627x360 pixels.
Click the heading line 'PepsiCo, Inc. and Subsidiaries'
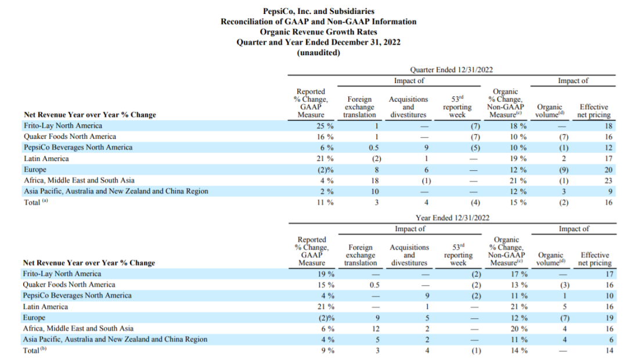(318, 11)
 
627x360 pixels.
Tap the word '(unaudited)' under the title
(318, 53)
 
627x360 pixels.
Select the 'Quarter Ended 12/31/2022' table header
(452, 70)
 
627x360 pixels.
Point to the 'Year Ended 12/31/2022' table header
(452, 218)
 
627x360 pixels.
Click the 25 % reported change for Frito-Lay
(325, 126)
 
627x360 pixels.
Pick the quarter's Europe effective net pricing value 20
(608, 170)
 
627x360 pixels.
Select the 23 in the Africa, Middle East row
(608, 181)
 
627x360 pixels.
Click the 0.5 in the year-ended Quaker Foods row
(374, 285)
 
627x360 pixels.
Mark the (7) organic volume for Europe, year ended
(564, 318)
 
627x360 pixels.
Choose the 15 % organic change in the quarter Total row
(518, 203)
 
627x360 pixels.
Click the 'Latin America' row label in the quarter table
(46, 159)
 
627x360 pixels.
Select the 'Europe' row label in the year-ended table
(34, 318)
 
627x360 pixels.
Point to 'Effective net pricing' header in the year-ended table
(594, 259)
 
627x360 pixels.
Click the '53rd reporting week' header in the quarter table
(457, 106)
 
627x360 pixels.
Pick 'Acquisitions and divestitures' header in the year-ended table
(409, 255)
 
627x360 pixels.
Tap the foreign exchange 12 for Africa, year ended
(374, 329)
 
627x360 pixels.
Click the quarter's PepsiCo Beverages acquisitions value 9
(426, 147)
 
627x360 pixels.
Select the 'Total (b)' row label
(35, 350)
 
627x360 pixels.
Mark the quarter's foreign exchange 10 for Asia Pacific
(374, 192)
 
